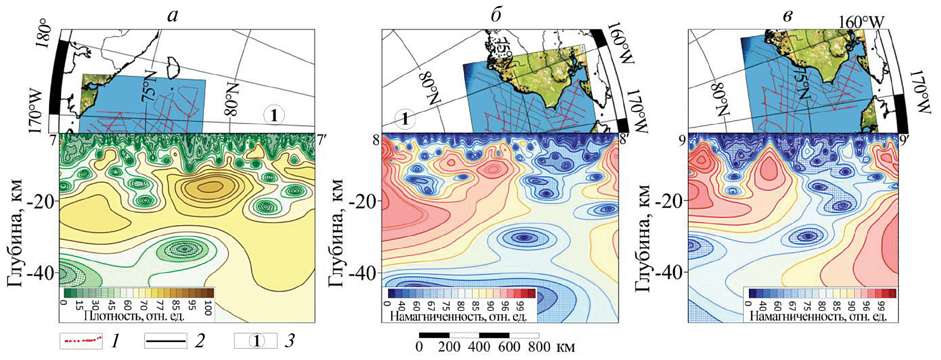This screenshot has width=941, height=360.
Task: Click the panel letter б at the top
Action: click(x=496, y=16)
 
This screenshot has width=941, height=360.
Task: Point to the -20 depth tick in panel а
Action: click(x=45, y=201)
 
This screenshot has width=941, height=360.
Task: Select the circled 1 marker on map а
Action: click(x=274, y=115)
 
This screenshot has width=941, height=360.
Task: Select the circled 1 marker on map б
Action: click(x=405, y=119)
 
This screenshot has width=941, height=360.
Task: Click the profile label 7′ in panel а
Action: click(x=321, y=139)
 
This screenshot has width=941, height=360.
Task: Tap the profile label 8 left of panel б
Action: click(x=376, y=140)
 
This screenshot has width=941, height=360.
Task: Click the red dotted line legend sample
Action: click(x=81, y=340)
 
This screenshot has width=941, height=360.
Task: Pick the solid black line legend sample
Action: click(x=165, y=341)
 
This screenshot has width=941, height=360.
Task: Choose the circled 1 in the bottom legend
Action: click(x=256, y=341)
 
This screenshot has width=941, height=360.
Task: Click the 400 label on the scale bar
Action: click(x=479, y=347)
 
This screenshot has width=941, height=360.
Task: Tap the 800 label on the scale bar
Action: click(x=539, y=347)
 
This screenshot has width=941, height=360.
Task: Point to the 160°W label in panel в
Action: click(x=861, y=22)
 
